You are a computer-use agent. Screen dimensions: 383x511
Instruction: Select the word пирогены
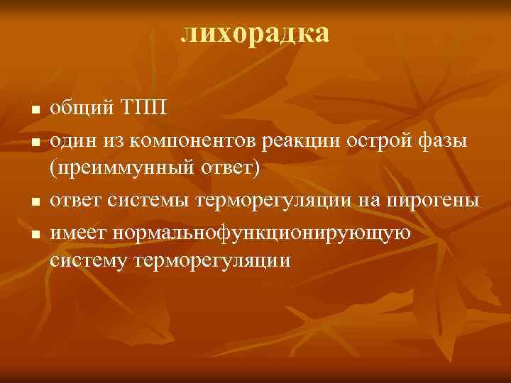pos(432,201)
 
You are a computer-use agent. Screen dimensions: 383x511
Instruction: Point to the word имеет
pos(75,231)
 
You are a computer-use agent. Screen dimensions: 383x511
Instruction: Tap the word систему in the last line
pos(85,261)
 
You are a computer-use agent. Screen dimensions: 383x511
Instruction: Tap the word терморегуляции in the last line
pos(209,261)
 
